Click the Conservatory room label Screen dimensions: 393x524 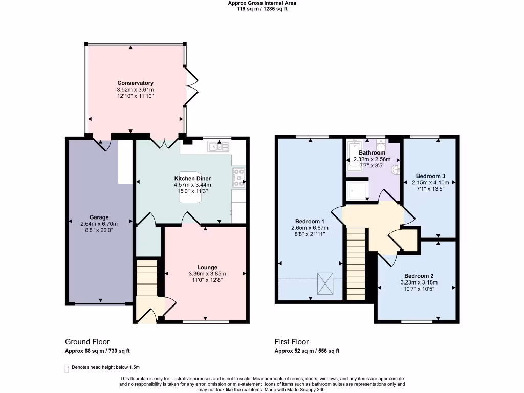135,83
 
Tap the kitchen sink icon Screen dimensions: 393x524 220,147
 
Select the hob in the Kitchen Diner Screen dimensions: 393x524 239,177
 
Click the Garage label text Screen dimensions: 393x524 99,217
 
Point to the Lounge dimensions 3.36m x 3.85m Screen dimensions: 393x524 207,273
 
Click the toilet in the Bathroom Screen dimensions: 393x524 396,168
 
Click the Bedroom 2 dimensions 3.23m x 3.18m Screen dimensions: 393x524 419,282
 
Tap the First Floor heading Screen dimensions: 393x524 292,342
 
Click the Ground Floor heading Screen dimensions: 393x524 87,342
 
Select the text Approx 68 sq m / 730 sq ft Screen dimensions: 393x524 98,351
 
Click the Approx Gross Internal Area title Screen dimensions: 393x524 261,3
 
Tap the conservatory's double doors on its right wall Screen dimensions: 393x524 191,86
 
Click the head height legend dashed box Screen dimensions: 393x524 67,367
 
